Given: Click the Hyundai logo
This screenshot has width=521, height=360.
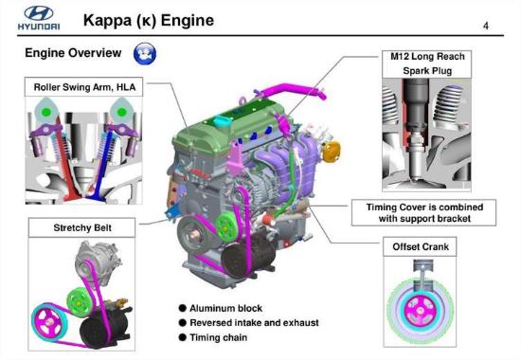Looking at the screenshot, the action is click(39, 18).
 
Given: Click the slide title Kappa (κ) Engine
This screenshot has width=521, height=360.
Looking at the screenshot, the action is click(149, 20).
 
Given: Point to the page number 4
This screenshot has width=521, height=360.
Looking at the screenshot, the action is click(486, 26).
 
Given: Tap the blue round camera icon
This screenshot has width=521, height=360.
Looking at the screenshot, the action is click(145, 54).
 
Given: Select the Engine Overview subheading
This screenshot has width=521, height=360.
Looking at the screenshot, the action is click(73, 53).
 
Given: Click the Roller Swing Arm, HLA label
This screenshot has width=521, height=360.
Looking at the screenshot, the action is click(84, 87).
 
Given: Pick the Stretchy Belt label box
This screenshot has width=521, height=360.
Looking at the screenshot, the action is click(82, 227).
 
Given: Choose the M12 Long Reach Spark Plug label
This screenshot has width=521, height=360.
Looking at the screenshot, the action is click(427, 63).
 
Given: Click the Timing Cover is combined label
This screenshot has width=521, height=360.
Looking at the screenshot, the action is click(424, 213).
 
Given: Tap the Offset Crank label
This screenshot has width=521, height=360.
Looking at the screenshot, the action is click(420, 246).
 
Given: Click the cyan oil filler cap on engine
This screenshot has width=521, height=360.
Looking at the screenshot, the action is click(220, 120).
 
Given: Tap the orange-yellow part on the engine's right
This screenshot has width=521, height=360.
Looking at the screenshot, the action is click(332, 152).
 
